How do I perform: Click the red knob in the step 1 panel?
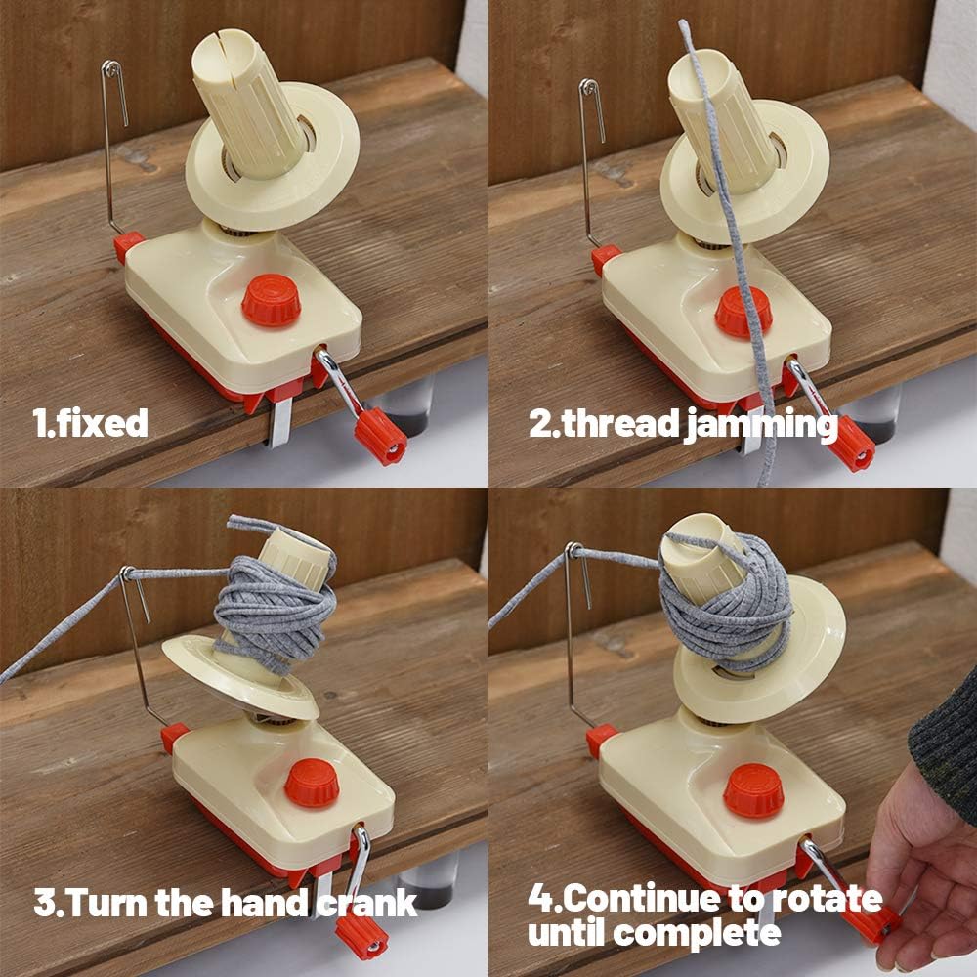coord(271,299)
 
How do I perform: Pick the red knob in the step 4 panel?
coord(753,789)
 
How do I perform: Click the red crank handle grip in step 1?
coord(381,436)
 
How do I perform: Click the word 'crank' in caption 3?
coord(371,901)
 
